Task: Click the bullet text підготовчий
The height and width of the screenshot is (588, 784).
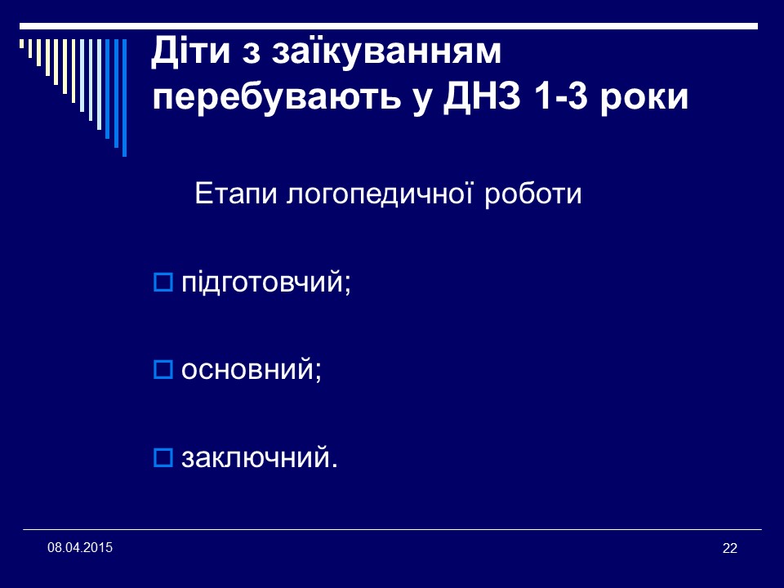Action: (265, 283)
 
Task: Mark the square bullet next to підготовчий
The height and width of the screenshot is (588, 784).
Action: (162, 283)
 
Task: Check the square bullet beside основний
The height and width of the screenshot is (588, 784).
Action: (162, 371)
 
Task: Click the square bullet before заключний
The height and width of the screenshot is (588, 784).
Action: (162, 457)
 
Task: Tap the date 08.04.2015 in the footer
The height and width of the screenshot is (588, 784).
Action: (80, 547)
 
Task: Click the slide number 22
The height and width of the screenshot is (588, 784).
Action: (730, 548)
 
